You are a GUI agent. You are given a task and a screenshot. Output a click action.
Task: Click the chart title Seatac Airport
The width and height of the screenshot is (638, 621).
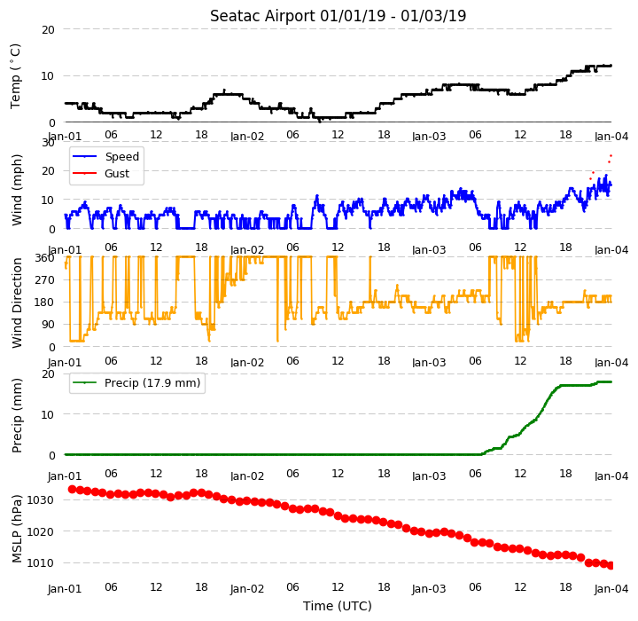coord(262,16)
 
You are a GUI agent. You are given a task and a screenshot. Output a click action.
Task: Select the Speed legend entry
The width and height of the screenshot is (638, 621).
coord(105,156)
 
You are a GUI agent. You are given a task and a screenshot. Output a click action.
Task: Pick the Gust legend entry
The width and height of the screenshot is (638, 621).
coord(100,173)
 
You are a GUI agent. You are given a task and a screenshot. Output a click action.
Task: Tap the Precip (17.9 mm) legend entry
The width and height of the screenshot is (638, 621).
coord(136,382)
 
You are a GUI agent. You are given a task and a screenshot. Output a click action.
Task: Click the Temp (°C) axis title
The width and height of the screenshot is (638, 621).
coord(15,76)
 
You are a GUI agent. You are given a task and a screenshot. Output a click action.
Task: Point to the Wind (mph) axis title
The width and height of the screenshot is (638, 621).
coord(16,190)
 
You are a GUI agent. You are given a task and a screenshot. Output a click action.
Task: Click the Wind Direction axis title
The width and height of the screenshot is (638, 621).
coord(17,303)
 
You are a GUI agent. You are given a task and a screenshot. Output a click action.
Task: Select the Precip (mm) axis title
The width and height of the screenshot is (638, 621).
coord(16,416)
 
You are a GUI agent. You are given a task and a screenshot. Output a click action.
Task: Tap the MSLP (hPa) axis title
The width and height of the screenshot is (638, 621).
coord(16,529)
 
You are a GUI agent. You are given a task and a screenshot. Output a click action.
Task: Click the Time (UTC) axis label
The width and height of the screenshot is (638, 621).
coord(338,606)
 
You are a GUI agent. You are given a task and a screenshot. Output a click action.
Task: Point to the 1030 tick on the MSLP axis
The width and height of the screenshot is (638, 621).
coord(40,500)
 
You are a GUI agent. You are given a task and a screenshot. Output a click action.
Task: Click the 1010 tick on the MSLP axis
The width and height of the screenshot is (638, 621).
coord(40,563)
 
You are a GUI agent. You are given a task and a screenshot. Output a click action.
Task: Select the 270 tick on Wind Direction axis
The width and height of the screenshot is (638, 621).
coord(45,280)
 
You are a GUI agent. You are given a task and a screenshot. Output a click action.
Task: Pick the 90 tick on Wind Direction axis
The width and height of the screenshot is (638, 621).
coord(48,325)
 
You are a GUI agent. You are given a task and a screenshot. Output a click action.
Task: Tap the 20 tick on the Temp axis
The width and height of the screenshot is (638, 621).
coord(48,30)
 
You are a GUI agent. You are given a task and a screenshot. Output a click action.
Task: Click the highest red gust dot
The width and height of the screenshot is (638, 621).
coord(611,155)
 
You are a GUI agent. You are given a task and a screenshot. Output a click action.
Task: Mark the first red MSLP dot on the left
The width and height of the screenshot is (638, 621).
coord(72,489)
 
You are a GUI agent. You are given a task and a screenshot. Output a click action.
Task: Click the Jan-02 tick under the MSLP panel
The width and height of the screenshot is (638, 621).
coord(247,589)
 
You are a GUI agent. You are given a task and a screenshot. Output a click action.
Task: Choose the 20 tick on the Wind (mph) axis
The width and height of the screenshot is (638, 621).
coord(48,171)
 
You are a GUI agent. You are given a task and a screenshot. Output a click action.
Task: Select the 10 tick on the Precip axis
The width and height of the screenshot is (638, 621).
coord(48,415)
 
